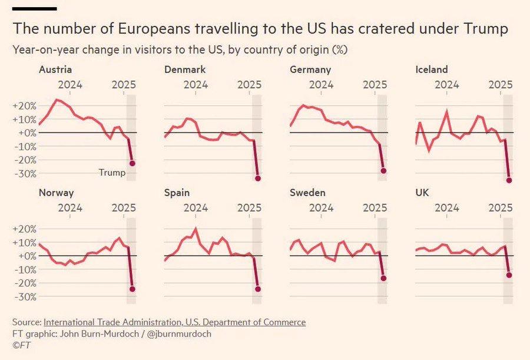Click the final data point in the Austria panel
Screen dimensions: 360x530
coord(132,163)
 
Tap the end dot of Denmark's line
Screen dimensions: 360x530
coord(258,178)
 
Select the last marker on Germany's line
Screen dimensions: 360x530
coord(383,170)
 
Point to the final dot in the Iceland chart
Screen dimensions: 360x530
coord(509,180)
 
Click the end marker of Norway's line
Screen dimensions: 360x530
coord(132,289)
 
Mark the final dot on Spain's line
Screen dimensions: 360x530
coord(258,289)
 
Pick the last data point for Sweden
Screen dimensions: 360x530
coord(383,278)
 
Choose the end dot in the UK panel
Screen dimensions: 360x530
coord(509,275)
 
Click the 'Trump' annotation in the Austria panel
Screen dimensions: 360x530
coord(112,173)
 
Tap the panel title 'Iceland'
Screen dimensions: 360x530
coord(432,70)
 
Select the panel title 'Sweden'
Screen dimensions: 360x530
coord(307,193)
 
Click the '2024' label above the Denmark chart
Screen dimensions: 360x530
coord(196,84)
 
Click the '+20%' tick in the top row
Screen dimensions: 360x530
coord(24,106)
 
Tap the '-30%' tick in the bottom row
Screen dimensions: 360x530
coord(24,297)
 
